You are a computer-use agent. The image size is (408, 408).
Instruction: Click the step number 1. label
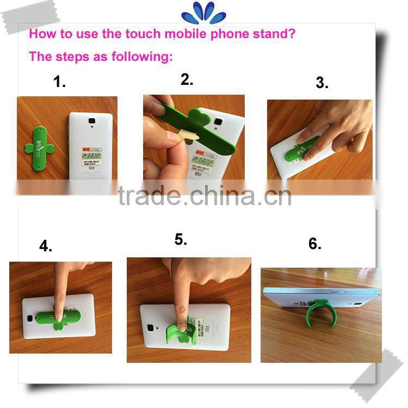point(59,82)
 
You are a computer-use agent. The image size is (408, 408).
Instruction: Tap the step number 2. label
point(187,79)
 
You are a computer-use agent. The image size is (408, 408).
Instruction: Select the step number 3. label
point(322,83)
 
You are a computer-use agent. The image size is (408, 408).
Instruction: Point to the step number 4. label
point(46,246)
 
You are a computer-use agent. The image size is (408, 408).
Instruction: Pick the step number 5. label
point(181,240)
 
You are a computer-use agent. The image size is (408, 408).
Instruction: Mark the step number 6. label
point(315,244)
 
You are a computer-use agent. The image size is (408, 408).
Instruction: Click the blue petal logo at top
point(203,13)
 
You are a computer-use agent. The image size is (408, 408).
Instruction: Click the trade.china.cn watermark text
point(204,195)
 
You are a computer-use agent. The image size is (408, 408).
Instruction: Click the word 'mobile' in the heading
point(187,34)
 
